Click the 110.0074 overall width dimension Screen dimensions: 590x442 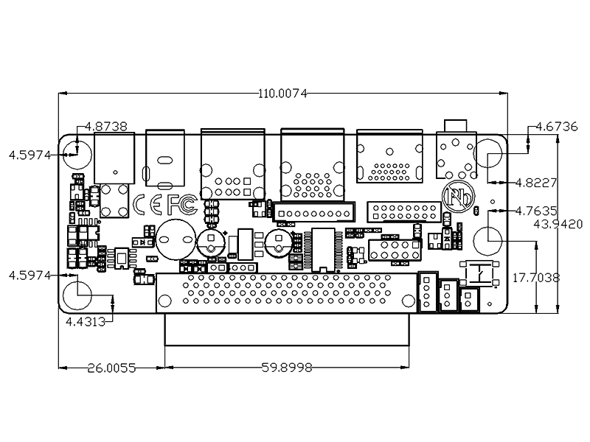coord(282,94)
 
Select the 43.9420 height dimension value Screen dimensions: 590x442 coord(558,225)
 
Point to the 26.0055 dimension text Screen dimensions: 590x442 coord(111,368)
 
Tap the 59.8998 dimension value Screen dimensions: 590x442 coord(287,368)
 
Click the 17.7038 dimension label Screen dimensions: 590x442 coord(536,278)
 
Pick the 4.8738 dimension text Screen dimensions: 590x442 coord(106,126)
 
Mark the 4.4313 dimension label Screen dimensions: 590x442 coord(86,322)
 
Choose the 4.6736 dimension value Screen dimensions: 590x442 coord(556,127)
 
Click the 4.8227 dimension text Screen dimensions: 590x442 coord(536,183)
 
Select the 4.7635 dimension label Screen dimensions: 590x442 coord(536,211)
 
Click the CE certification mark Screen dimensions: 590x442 coord(148,205)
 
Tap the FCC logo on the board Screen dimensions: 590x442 coord(182,205)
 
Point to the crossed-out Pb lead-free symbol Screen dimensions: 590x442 coord(458,197)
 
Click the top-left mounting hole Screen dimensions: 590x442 coord(77,155)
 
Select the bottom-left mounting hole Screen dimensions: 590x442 coord(77,295)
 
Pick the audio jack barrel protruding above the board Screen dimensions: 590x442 coord(455,125)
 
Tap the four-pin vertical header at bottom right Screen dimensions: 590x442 coord(428,292)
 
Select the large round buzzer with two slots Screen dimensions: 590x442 coord(176,240)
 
